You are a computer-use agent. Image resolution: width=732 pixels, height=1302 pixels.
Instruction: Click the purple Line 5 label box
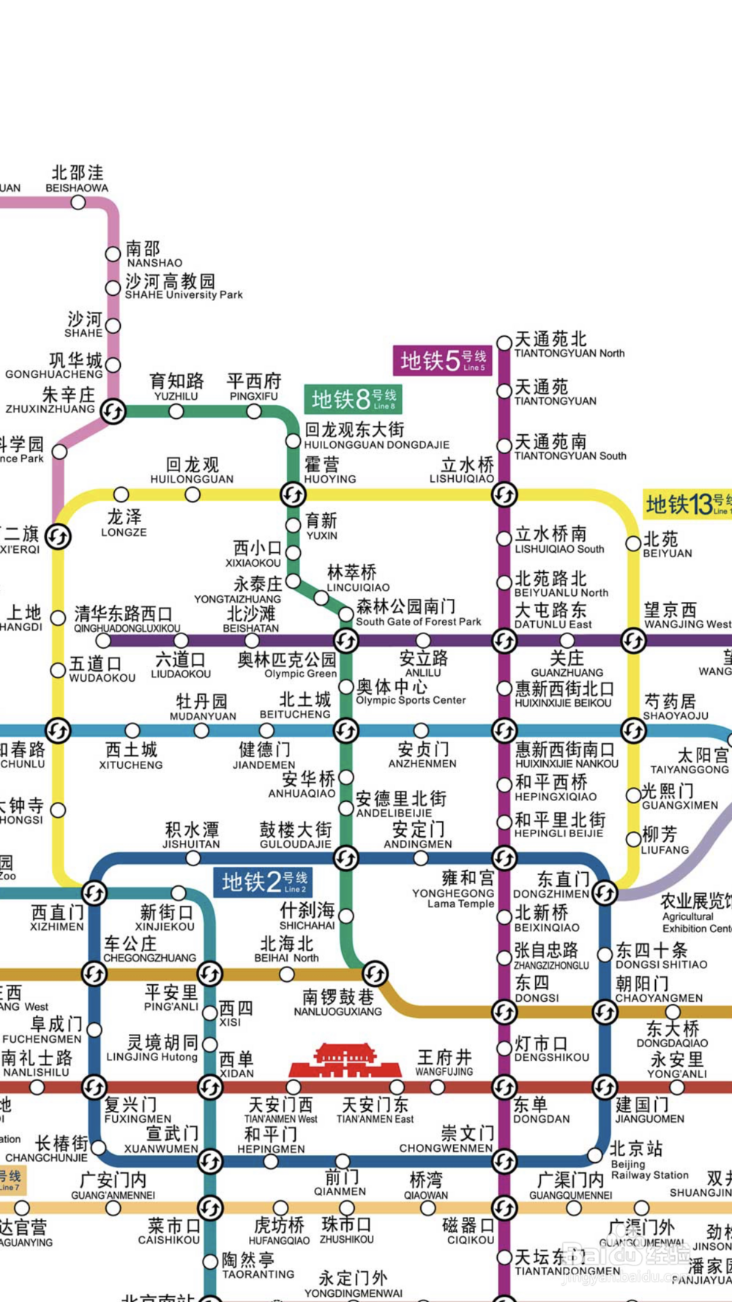(442, 361)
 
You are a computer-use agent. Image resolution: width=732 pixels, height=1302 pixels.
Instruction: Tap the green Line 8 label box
(353, 399)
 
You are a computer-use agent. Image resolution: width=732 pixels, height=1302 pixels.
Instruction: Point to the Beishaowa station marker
(78, 203)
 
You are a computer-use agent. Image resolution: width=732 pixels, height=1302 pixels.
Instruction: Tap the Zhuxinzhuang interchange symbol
(113, 412)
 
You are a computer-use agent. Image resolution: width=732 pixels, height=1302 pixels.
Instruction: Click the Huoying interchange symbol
(293, 495)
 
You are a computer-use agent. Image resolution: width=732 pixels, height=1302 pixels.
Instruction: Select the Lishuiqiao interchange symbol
(504, 495)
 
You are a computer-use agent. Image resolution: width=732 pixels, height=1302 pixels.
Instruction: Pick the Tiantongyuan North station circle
(504, 343)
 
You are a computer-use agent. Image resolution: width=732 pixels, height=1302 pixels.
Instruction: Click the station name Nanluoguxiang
(337, 1002)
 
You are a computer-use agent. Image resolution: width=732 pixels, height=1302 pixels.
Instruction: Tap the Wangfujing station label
(444, 1062)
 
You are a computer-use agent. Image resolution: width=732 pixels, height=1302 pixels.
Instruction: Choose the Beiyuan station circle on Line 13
(633, 543)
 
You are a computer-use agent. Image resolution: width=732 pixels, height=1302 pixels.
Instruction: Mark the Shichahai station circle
(346, 915)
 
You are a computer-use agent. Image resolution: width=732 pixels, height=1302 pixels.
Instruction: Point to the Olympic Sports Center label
(410, 692)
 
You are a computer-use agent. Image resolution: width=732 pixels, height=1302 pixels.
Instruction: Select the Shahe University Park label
(183, 287)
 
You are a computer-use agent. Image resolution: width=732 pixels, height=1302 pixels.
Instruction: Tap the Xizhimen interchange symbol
(94, 893)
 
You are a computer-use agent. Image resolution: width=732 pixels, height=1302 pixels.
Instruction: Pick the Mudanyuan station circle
(201, 731)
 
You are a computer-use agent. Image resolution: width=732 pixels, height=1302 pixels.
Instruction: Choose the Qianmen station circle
(343, 1161)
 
